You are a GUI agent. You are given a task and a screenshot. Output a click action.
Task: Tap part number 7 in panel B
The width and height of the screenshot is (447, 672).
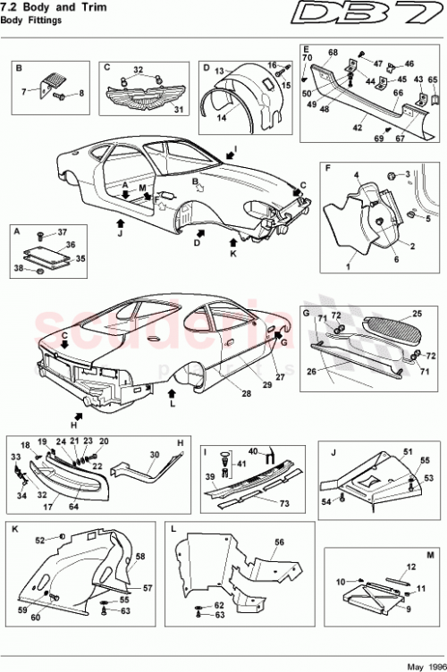point(25,92)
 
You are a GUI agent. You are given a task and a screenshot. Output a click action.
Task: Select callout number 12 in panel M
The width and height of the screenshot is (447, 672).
point(413,567)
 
